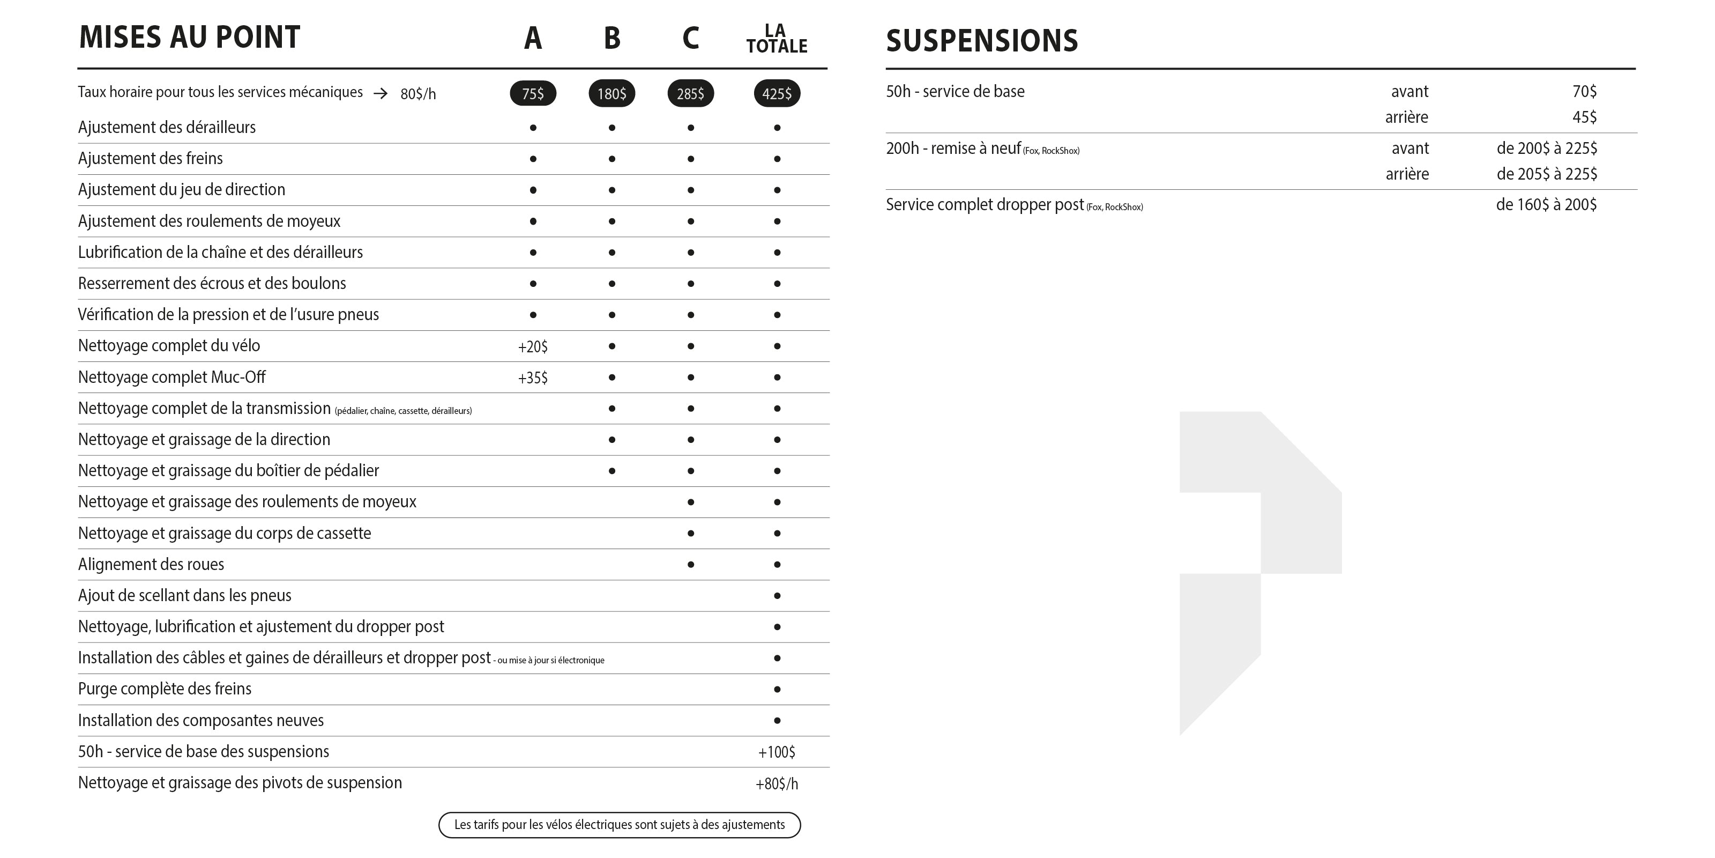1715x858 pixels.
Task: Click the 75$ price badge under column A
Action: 533,93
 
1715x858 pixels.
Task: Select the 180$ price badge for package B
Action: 611,93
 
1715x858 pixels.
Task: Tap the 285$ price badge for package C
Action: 690,93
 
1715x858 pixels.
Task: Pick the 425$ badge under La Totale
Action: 776,93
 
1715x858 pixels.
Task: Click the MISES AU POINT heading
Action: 190,38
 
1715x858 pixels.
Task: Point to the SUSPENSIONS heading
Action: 981,41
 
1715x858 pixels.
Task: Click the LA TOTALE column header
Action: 776,39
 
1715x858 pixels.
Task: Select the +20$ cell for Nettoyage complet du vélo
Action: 533,346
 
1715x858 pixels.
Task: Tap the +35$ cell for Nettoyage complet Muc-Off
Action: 533,378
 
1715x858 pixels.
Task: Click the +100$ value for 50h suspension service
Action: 776,752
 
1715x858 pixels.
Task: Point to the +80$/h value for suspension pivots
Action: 776,783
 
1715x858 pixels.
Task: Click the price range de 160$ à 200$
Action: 1546,204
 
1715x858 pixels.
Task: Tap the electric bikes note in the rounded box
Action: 619,825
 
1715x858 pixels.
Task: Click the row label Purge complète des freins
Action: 165,689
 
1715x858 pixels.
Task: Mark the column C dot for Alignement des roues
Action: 690,564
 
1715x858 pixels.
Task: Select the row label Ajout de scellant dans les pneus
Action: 184,596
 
